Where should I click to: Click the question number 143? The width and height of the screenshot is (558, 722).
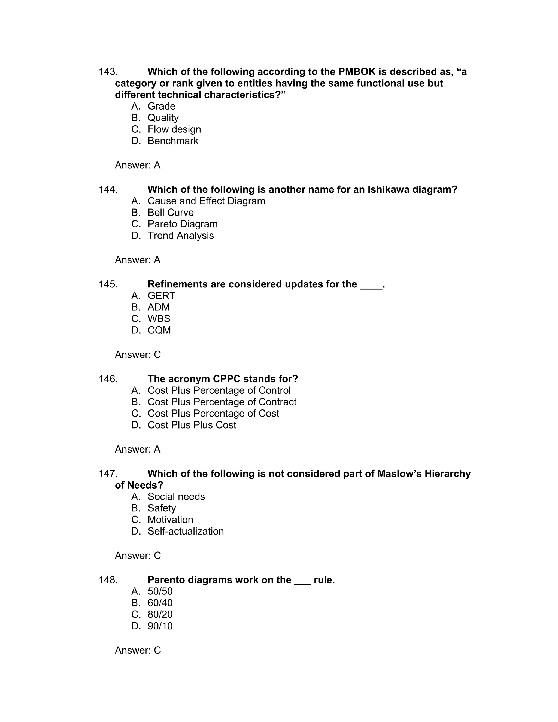click(108, 72)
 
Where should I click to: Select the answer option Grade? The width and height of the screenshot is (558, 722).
click(161, 106)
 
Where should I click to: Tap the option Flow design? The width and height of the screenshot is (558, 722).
click(174, 129)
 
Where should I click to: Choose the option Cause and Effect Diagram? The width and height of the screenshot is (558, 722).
click(206, 201)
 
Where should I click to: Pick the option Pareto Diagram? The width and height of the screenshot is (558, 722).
click(183, 224)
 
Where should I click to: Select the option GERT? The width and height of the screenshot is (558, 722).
click(161, 296)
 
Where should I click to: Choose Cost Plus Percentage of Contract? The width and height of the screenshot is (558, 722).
click(222, 402)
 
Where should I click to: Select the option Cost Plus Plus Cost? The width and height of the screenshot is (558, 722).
click(192, 425)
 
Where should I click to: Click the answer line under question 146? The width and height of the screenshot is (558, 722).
click(138, 449)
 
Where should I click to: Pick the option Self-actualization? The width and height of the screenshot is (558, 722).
click(186, 531)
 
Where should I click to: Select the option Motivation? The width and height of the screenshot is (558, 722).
click(170, 520)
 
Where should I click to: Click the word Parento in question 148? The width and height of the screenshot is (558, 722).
click(166, 580)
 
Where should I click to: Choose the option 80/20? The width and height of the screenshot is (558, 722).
click(160, 615)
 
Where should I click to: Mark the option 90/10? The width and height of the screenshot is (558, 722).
click(160, 626)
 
